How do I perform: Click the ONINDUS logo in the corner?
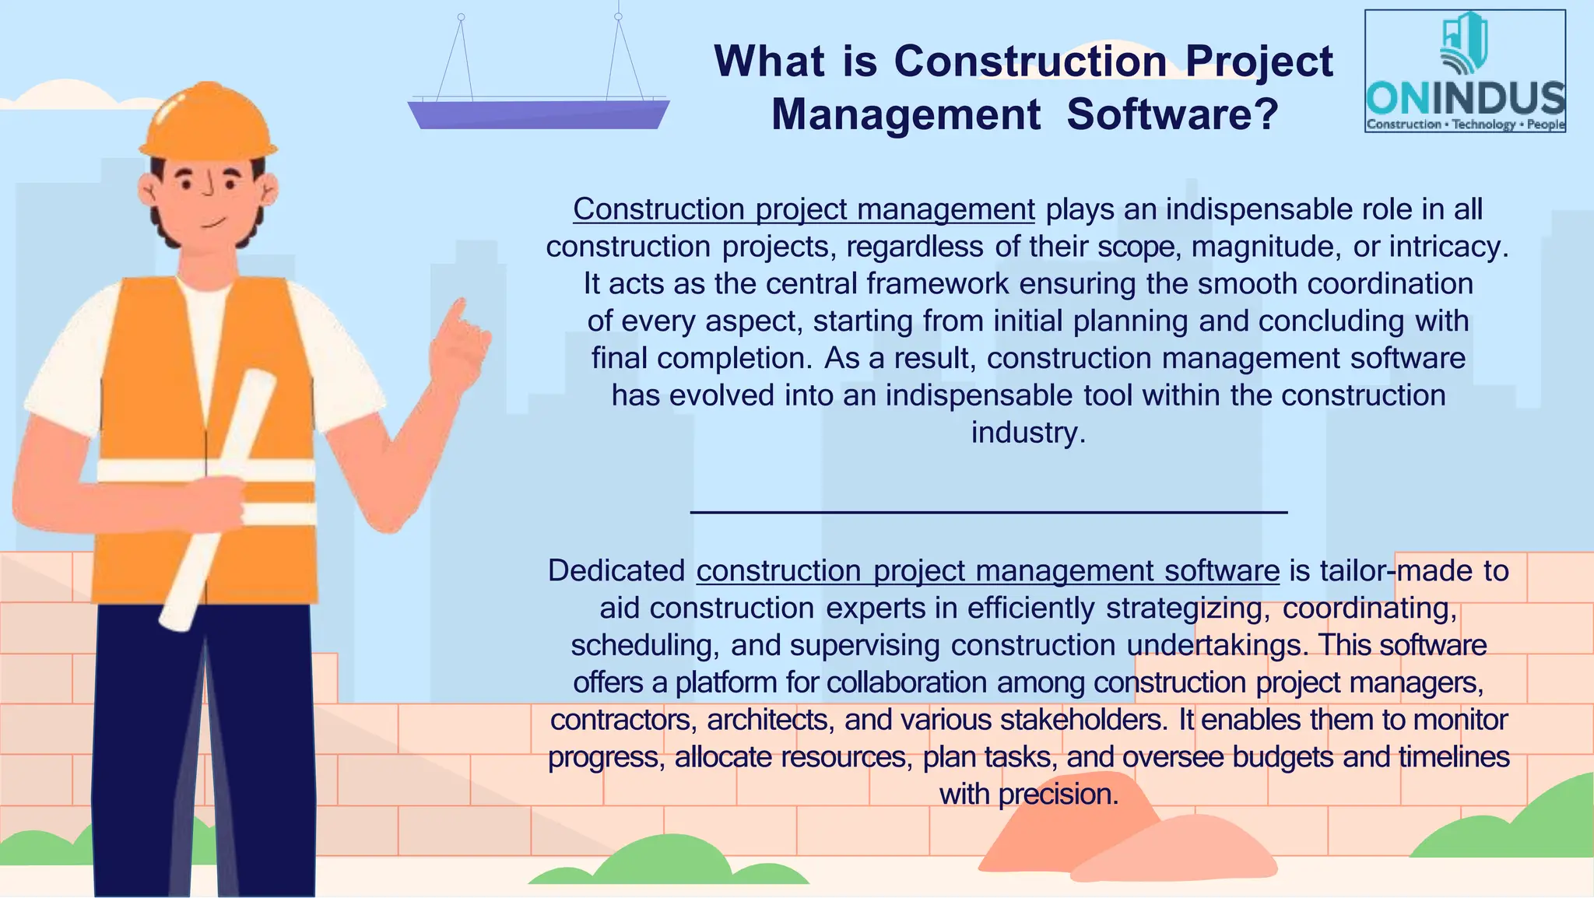1465,71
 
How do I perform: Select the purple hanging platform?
539,114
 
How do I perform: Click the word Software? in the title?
1173,114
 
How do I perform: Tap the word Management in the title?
906,114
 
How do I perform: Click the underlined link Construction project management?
803,209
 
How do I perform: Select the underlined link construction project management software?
988,570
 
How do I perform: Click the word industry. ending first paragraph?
1027,433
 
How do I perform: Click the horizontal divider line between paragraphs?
988,512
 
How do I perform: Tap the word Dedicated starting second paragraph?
616,570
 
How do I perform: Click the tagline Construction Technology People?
1465,125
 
